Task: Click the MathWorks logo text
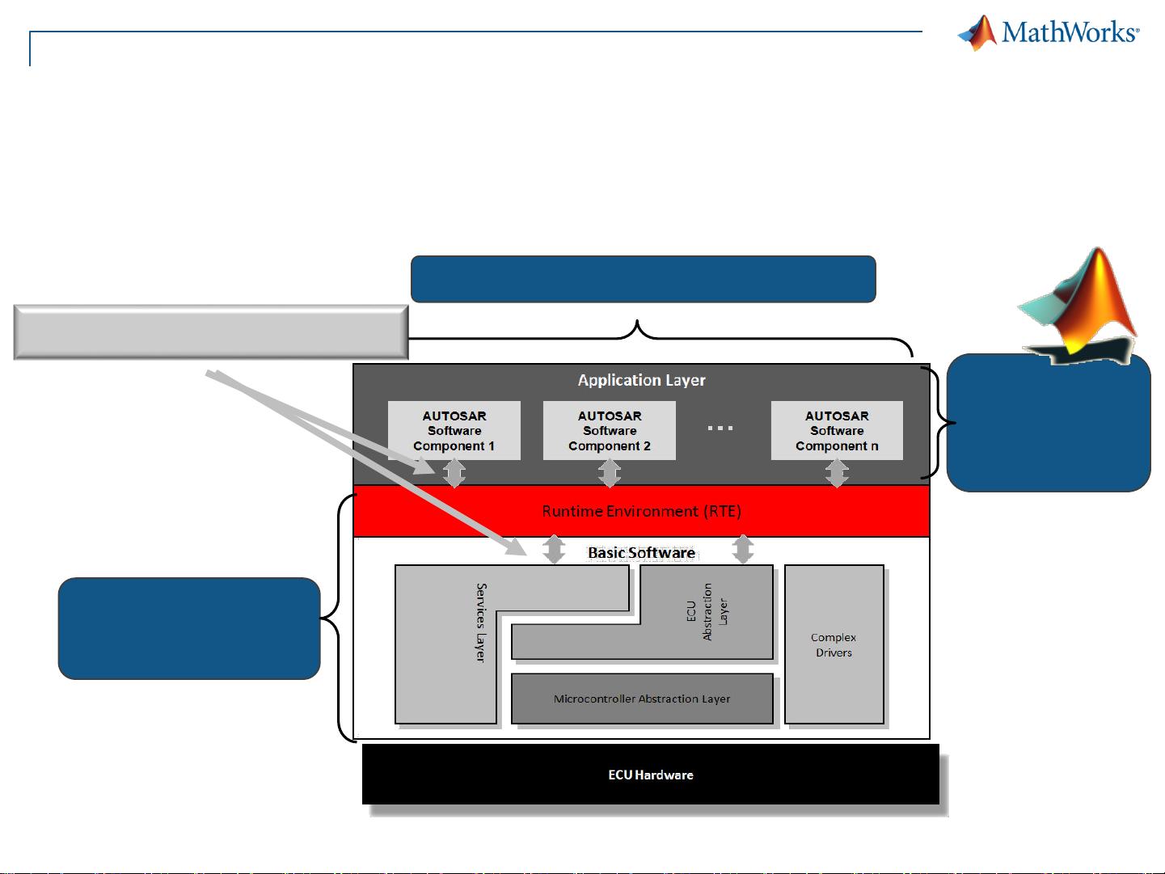click(1070, 32)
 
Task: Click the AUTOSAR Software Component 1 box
click(454, 430)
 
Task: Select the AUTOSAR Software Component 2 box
click(610, 430)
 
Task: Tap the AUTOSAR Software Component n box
click(837, 430)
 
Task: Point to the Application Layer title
click(641, 380)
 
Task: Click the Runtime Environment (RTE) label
click(641, 511)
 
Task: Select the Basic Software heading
click(641, 553)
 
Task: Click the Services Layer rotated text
click(481, 623)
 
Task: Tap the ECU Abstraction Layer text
click(707, 611)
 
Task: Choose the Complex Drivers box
click(834, 644)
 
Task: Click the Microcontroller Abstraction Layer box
click(642, 699)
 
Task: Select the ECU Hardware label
click(651, 775)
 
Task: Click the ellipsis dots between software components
click(720, 428)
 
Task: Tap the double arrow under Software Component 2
click(610, 473)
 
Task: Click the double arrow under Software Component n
click(837, 473)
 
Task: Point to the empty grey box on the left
click(211, 332)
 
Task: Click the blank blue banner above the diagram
click(644, 279)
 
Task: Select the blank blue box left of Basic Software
click(189, 628)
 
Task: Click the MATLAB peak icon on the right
click(1078, 306)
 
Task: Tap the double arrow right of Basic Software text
click(742, 549)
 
